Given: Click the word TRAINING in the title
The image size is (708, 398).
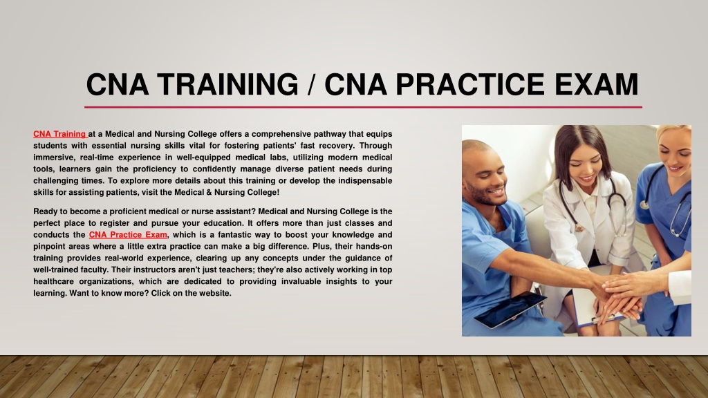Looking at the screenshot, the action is [227, 84].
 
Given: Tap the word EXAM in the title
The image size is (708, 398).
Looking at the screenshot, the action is [596, 84].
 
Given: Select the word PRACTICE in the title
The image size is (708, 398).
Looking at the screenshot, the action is [470, 84].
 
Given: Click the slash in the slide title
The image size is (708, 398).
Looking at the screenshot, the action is [311, 84].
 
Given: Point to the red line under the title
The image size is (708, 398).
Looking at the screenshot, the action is [363, 107].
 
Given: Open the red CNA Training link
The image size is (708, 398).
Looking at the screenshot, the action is [60, 134].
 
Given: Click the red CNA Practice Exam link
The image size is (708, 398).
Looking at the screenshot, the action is [128, 235].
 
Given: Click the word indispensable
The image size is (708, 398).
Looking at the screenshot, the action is [365, 180].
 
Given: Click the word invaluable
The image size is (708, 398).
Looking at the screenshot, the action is [301, 282].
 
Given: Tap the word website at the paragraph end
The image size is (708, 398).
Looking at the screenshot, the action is [216, 293].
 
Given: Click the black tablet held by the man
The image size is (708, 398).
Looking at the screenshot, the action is [510, 310].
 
